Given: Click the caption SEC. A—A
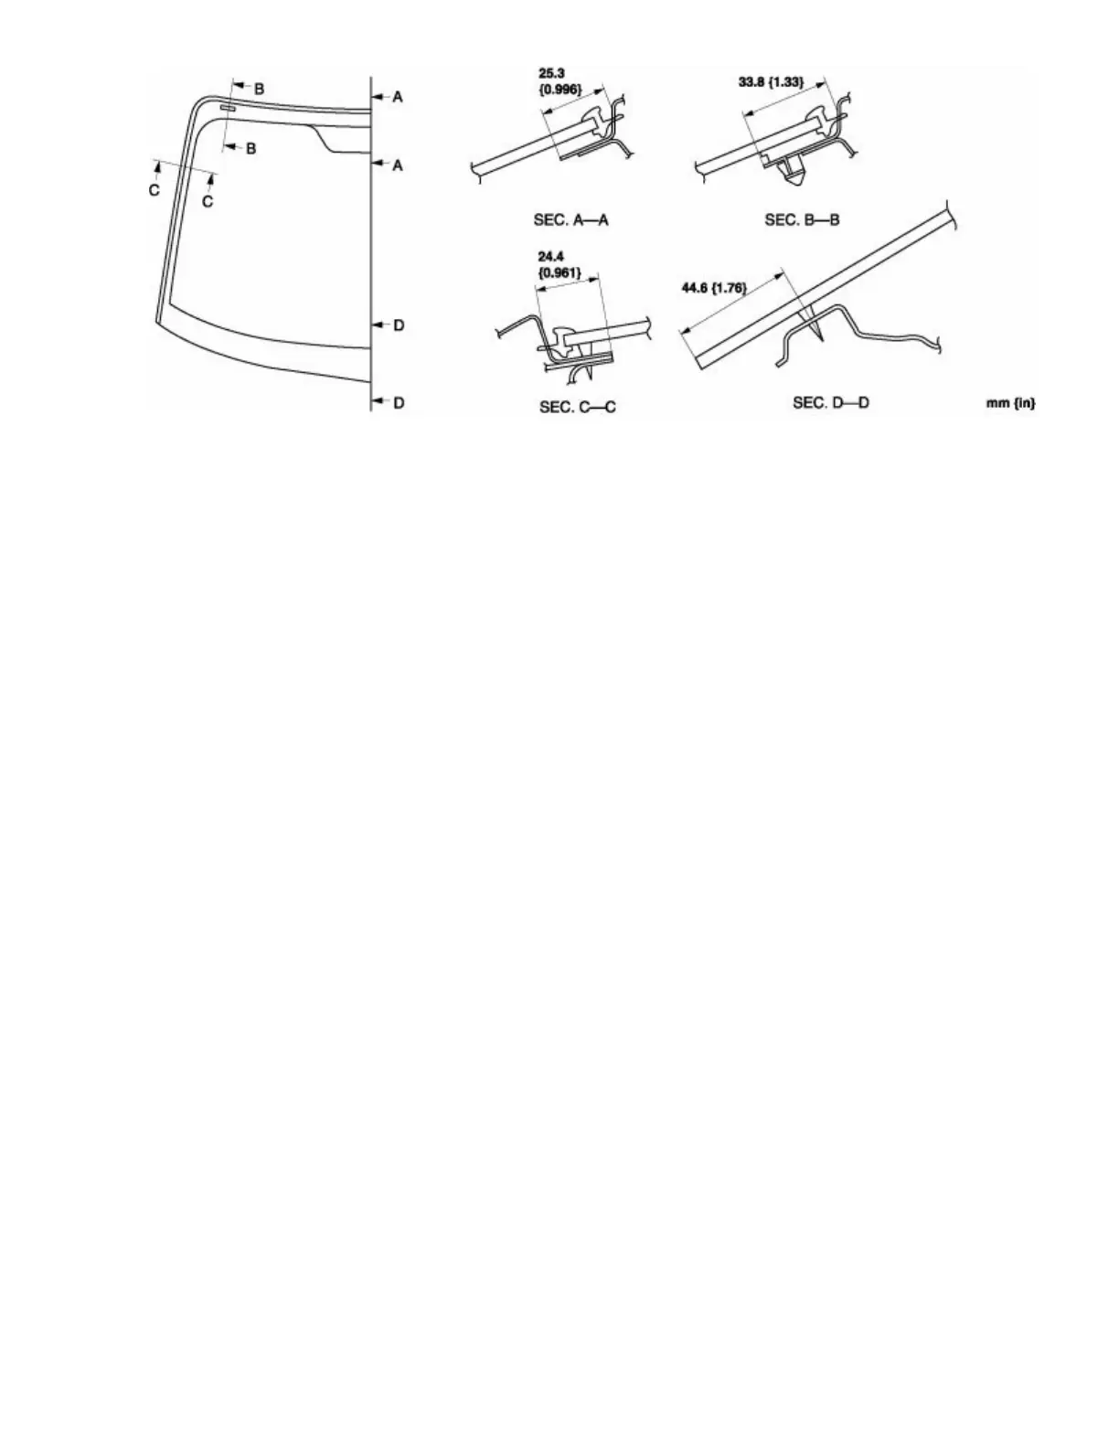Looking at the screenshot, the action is (570, 220).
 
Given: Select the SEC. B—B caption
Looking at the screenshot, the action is (802, 220).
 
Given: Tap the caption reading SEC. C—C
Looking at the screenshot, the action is (577, 406).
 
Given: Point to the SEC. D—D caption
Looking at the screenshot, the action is (830, 402).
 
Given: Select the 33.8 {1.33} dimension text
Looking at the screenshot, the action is (771, 81).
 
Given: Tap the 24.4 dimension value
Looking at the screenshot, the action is (549, 258).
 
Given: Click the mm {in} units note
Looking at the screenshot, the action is (1011, 403).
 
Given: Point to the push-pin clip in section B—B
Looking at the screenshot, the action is (790, 170).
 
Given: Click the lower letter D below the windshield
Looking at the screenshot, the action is (399, 402).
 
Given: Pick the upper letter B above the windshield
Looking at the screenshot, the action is (259, 88).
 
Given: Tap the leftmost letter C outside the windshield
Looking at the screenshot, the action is (155, 189).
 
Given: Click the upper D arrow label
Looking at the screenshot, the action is (399, 325).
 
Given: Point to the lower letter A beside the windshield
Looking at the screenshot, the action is (398, 165).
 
